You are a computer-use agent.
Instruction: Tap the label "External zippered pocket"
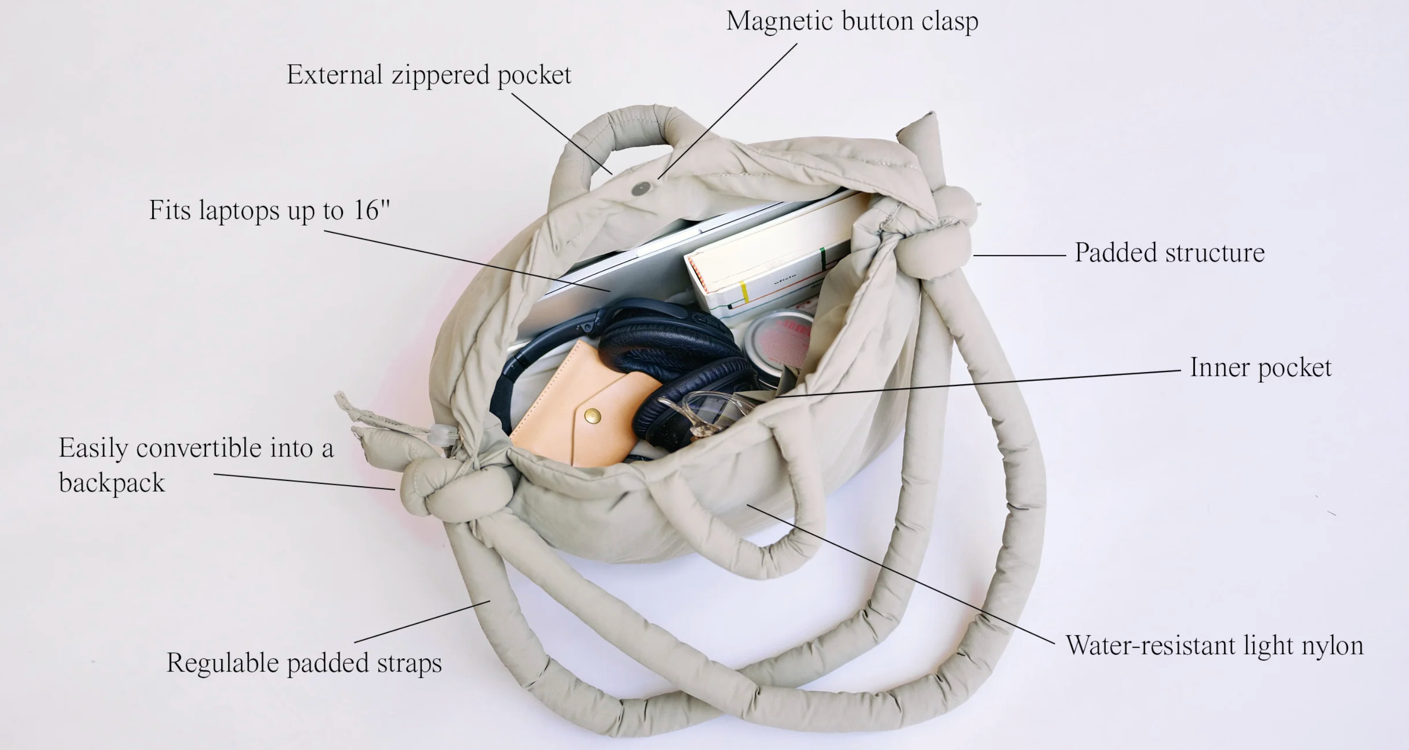[x=429, y=75]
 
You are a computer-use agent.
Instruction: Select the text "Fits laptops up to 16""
[x=269, y=210]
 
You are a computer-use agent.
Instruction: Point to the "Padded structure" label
[x=1170, y=252]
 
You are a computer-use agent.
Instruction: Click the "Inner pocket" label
[x=1261, y=367]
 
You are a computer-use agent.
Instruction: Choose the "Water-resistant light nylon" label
[x=1214, y=646]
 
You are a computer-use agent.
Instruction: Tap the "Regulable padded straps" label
[x=304, y=663]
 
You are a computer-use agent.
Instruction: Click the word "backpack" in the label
[x=111, y=483]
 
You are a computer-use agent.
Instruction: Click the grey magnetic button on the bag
[x=641, y=189]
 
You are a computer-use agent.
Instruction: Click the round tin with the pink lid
[x=780, y=345]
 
